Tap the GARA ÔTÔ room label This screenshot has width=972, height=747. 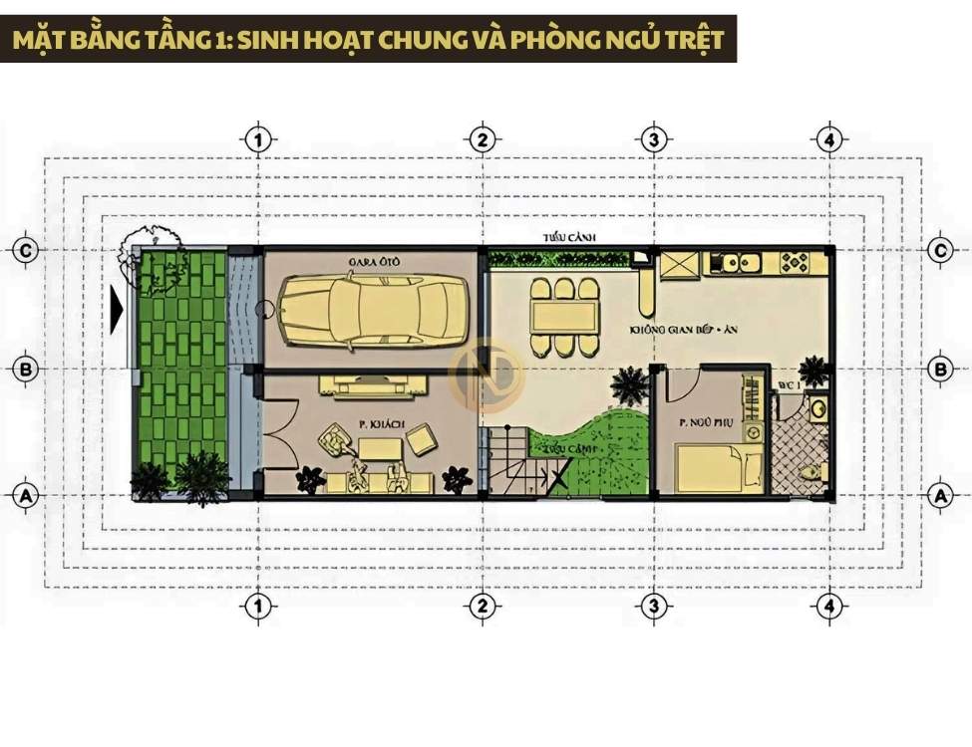[x=368, y=262]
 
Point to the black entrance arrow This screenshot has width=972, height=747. [x=118, y=311]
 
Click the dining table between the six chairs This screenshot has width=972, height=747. [x=565, y=317]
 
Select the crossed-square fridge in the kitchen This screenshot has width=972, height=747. [x=681, y=265]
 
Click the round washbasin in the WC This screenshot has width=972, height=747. [x=816, y=407]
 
